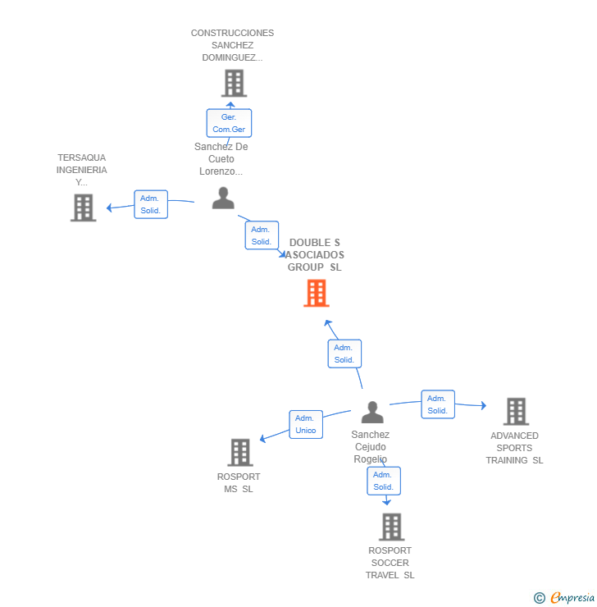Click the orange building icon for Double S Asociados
[317, 293]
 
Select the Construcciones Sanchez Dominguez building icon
[234, 83]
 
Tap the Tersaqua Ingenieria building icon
[83, 208]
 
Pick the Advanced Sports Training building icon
[516, 411]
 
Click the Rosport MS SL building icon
[240, 452]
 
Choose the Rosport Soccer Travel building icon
[391, 526]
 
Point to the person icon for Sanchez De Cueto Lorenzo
[223, 199]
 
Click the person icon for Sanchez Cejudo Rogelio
[372, 412]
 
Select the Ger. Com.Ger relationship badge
[229, 123]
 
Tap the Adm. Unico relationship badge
[306, 424]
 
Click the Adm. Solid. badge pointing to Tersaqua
[150, 204]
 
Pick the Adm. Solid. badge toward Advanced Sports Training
[438, 404]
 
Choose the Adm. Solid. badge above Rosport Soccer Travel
[383, 481]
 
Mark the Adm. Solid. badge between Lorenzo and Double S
[262, 235]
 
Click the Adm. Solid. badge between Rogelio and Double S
[344, 354]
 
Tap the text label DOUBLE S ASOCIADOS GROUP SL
[316, 255]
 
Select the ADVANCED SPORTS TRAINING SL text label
[514, 448]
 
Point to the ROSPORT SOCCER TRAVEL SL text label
[390, 563]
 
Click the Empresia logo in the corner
[566, 598]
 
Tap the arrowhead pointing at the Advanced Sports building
[484, 405]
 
